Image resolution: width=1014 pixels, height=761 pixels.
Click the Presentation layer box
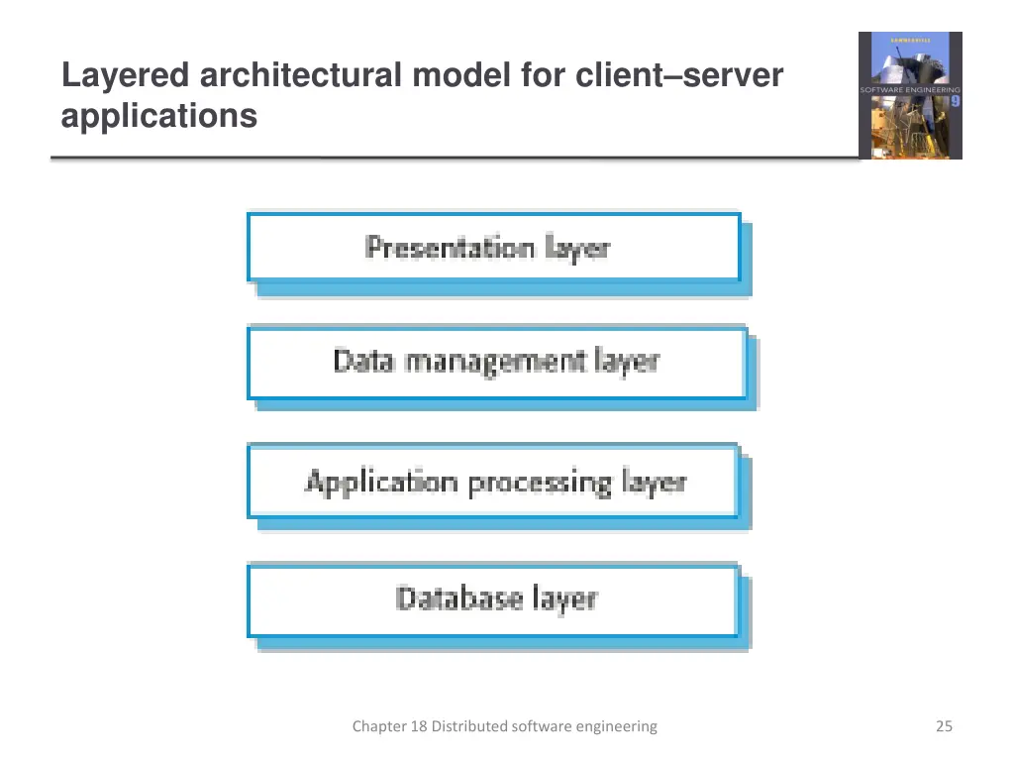pyautogui.click(x=493, y=248)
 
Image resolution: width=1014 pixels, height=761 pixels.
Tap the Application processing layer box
pyautogui.click(x=493, y=483)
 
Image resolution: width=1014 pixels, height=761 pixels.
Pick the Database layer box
pyautogui.click(x=493, y=600)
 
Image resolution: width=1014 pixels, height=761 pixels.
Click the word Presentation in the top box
pyautogui.click(x=450, y=248)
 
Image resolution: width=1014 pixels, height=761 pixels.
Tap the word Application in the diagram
pyautogui.click(x=381, y=483)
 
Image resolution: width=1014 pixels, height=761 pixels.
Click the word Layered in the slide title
pyautogui.click(x=126, y=75)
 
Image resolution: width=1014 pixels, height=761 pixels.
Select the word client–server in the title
pyautogui.click(x=678, y=75)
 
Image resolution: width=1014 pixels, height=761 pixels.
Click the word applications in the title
pyautogui.click(x=158, y=116)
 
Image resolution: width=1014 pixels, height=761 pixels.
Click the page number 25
pyautogui.click(x=944, y=726)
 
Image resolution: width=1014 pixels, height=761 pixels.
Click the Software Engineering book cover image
pyautogui.click(x=910, y=95)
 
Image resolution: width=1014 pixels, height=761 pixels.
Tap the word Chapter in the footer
pyautogui.click(x=379, y=726)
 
